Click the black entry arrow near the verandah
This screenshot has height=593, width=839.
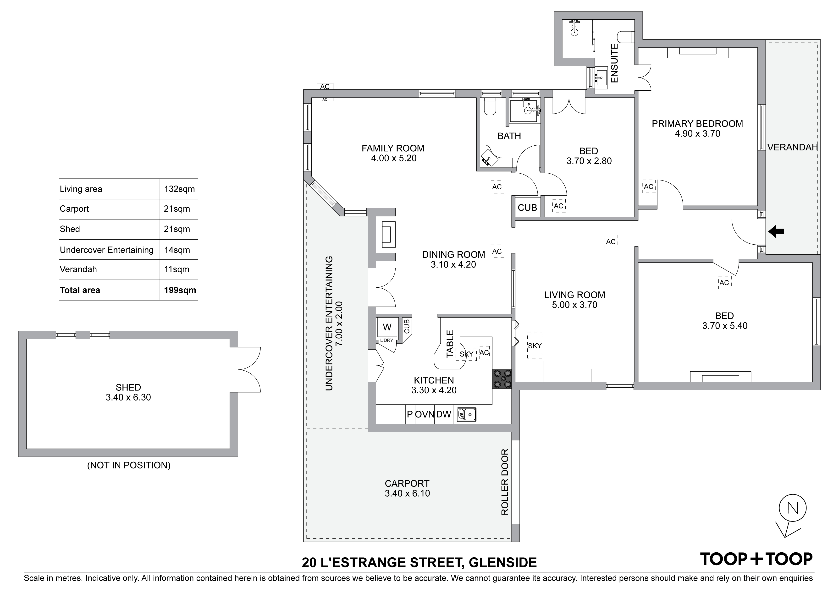[x=776, y=231]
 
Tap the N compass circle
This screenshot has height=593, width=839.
[x=793, y=508]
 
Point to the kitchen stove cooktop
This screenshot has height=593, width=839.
[x=502, y=379]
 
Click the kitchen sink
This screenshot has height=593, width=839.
[x=467, y=415]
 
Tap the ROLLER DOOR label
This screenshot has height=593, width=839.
[x=505, y=482]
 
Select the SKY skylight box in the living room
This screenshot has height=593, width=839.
[x=535, y=346]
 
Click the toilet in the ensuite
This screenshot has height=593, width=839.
[x=625, y=37]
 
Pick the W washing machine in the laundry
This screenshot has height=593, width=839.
[x=387, y=327]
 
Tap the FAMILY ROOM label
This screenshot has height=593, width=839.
[x=393, y=148]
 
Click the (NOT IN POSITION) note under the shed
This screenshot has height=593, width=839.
[x=129, y=465]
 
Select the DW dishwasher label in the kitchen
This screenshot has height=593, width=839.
[x=444, y=414]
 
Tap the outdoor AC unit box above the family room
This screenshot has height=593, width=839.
[x=325, y=87]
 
